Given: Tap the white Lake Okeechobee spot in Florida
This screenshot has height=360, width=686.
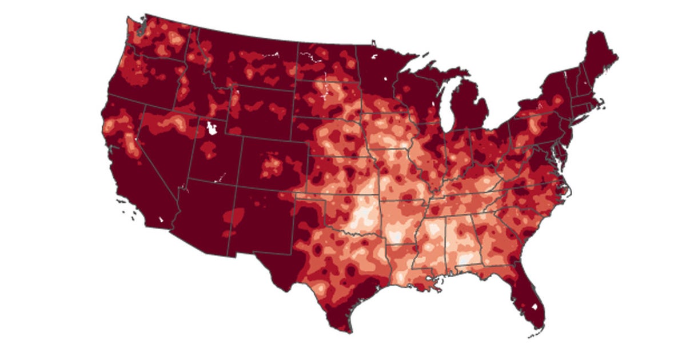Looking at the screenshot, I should pyautogui.click(x=535, y=307).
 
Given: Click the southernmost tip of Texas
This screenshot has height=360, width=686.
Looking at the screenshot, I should pyautogui.click(x=347, y=331).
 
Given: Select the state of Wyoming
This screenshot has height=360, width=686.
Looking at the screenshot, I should pyautogui.click(x=260, y=111).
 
